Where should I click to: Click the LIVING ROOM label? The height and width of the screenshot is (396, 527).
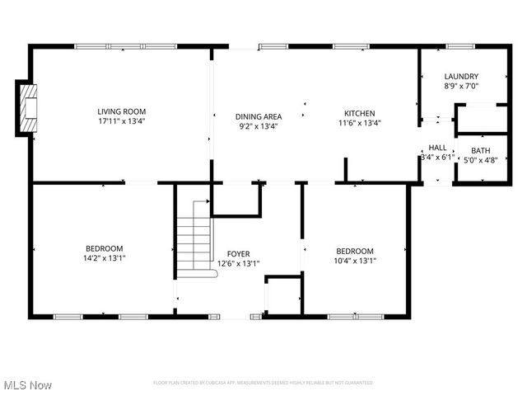click(x=121, y=112)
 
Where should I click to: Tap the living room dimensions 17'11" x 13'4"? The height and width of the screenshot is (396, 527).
click(x=121, y=122)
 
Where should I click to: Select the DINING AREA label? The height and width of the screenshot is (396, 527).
click(x=259, y=117)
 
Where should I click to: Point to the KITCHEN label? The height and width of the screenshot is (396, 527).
click(x=360, y=114)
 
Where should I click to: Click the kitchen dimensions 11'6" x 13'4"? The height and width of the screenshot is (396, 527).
click(x=360, y=124)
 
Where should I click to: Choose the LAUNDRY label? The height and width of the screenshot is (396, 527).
click(x=461, y=77)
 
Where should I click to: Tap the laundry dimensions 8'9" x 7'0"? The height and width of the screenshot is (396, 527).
click(x=461, y=86)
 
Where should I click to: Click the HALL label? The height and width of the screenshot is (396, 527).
click(x=437, y=148)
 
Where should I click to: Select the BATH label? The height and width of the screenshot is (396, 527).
click(x=478, y=151)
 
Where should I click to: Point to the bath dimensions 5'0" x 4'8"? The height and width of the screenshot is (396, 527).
click(x=478, y=161)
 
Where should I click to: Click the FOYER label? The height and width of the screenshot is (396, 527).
click(x=239, y=254)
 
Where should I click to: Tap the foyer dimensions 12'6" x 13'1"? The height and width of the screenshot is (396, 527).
click(x=239, y=264)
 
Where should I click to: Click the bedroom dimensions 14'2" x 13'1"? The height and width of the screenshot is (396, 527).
click(x=105, y=258)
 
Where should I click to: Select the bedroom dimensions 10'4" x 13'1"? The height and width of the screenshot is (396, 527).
click(x=355, y=261)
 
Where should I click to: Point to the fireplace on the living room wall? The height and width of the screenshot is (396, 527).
click(x=26, y=108)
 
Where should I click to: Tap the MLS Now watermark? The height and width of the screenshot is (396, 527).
click(x=27, y=385)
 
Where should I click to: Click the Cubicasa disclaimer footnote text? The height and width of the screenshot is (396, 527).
click(x=263, y=383)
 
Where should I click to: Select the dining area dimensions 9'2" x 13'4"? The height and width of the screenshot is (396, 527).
click(x=259, y=127)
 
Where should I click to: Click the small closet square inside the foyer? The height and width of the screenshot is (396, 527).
click(x=282, y=295)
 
